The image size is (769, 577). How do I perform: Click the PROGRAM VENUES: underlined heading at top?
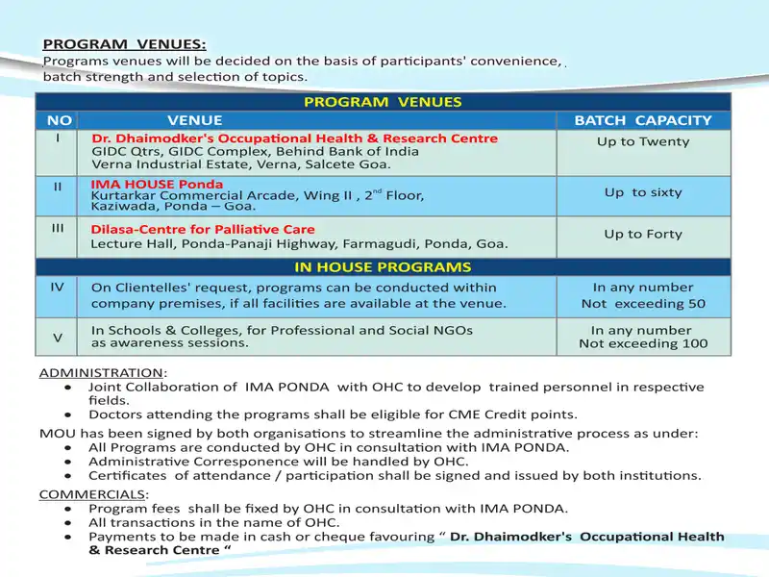click(x=124, y=44)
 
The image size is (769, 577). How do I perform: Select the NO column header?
click(x=60, y=120)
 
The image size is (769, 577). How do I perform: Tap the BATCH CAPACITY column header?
click(x=643, y=120)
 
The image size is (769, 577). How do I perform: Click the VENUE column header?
click(x=194, y=120)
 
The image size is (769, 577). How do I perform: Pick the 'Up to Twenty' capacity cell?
click(x=643, y=141)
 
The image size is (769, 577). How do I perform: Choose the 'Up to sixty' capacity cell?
click(x=643, y=192)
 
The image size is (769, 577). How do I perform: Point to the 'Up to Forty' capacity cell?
click(x=643, y=234)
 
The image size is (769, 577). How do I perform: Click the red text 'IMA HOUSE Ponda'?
click(x=157, y=184)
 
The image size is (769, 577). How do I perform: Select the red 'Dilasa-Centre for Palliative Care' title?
click(x=203, y=230)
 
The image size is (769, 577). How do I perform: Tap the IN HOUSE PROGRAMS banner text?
click(x=383, y=266)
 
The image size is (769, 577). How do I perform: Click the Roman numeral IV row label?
click(x=58, y=286)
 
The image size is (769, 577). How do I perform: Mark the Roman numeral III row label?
click(x=58, y=228)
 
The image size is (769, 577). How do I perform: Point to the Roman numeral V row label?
click(x=58, y=337)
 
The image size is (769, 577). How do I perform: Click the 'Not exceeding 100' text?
click(x=643, y=343)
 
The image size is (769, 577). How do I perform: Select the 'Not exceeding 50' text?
click(x=643, y=304)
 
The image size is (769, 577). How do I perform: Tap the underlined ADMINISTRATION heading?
click(x=102, y=372)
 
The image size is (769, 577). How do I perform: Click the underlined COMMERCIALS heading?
click(x=91, y=494)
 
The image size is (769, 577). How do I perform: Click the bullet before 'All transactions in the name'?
click(x=66, y=523)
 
